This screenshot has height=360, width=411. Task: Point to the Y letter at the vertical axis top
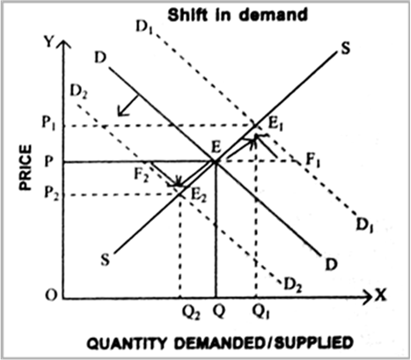[49, 43]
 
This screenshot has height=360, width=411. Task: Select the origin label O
[50, 296]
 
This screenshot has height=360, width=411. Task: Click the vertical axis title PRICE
[26, 167]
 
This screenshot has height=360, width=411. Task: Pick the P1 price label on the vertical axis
[48, 123]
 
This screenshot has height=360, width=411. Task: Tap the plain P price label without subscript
[48, 161]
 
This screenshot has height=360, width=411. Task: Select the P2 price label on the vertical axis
[51, 194]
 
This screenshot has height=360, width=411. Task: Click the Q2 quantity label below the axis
[191, 313]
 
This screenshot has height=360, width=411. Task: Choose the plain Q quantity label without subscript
[218, 312]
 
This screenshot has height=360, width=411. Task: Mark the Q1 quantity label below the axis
[261, 312]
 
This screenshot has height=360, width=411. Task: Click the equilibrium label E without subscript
[217, 147]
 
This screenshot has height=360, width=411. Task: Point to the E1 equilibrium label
[275, 125]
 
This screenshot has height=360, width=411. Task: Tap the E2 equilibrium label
[199, 195]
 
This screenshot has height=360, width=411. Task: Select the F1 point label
[312, 160]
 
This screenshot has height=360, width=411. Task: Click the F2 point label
[141, 175]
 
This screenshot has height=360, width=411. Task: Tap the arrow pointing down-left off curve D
[127, 106]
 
